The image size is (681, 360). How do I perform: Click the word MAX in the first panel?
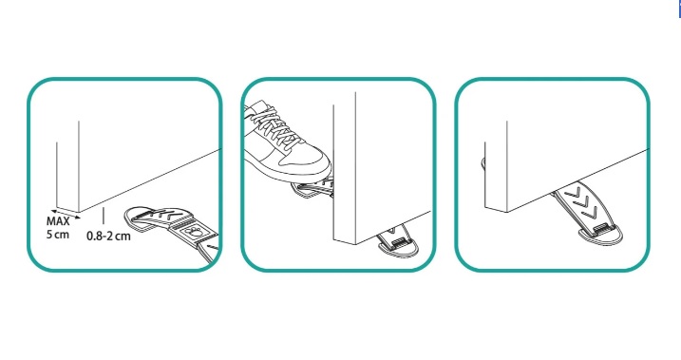click(x=58, y=221)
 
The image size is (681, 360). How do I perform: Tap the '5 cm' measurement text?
click(x=58, y=235)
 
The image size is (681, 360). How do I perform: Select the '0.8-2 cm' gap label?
click(x=108, y=237)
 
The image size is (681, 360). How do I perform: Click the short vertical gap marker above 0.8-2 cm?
click(x=104, y=217)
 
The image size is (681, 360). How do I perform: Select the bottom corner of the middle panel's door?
click(x=356, y=244)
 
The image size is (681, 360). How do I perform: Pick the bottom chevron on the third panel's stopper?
click(x=591, y=213)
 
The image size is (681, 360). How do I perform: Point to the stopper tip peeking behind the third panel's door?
click(x=483, y=164)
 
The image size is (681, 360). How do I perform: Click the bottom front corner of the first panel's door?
click(x=79, y=213)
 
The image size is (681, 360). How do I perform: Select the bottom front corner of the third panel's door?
click(x=507, y=213)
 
